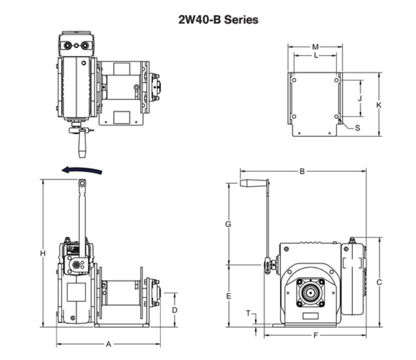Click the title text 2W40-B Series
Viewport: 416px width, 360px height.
(x=218, y=20)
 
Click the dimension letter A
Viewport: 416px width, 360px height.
(x=108, y=344)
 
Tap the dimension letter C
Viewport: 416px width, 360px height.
(x=379, y=282)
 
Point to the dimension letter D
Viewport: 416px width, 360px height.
(x=175, y=310)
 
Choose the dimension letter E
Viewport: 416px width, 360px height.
(x=228, y=296)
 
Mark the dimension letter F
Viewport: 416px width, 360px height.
(x=316, y=335)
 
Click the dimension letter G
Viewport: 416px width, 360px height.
(x=228, y=224)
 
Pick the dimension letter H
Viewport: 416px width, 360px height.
(x=43, y=254)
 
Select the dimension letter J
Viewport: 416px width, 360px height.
(x=360, y=98)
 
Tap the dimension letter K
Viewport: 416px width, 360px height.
(x=379, y=105)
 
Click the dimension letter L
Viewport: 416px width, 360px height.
(x=316, y=56)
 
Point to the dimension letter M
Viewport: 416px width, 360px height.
(x=315, y=47)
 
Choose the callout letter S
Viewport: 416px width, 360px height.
(x=358, y=127)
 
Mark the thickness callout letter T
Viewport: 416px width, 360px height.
(x=249, y=313)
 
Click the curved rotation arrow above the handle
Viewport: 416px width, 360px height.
(x=82, y=171)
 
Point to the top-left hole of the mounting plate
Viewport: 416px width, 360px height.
(x=294, y=80)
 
